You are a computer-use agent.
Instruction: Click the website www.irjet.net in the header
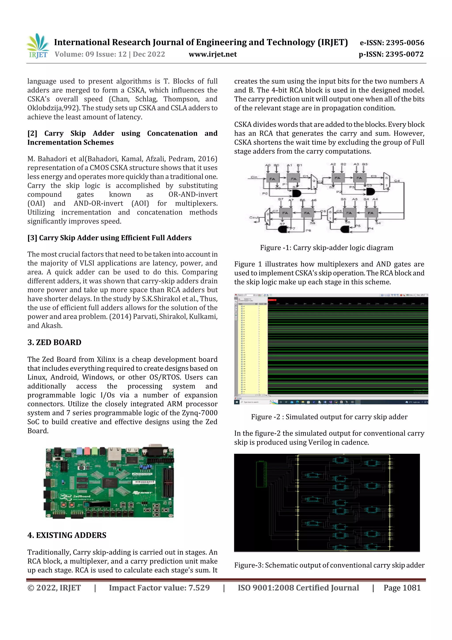[213, 54]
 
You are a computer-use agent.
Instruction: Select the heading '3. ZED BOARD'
[54, 342]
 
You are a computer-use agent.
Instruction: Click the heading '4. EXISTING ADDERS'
[67, 535]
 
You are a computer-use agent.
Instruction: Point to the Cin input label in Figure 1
[254, 177]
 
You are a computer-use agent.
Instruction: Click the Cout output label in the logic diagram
[253, 217]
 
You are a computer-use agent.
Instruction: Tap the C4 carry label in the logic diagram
[397, 181]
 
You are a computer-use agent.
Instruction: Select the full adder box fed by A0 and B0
[272, 179]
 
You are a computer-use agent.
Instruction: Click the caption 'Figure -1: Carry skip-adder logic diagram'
[327, 247]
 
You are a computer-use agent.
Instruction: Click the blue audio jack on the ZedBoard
[79, 450]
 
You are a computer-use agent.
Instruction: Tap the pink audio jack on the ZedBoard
[87, 450]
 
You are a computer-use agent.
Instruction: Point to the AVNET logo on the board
[143, 493]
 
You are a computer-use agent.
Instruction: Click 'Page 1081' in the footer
[402, 588]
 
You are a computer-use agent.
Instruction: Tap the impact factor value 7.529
[199, 588]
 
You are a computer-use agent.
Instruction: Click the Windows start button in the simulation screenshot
[236, 402]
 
